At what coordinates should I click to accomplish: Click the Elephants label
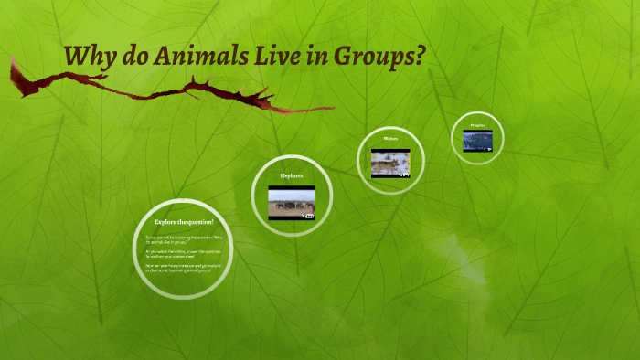291,175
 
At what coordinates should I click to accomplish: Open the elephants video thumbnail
292,203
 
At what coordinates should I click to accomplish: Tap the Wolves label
390,139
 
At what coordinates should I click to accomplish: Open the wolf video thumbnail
390,163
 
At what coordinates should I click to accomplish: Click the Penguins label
477,124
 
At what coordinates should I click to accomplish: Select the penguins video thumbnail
477,140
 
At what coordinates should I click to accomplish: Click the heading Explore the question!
184,222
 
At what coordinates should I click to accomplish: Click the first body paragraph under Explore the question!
184,239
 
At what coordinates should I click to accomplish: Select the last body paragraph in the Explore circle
184,268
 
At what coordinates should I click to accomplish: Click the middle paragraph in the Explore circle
184,254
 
